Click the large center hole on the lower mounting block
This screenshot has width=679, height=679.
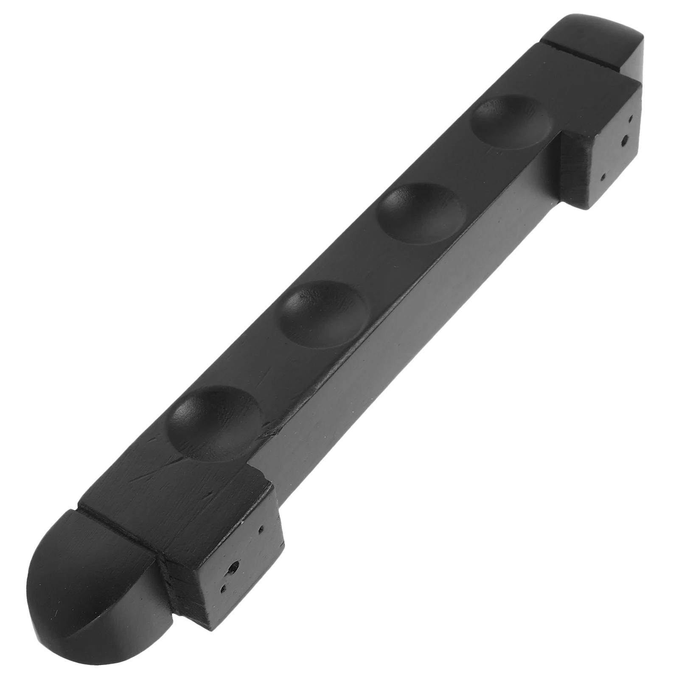(233, 567)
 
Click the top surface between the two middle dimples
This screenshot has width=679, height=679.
(373, 263)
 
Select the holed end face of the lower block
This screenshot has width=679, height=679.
(238, 560)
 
